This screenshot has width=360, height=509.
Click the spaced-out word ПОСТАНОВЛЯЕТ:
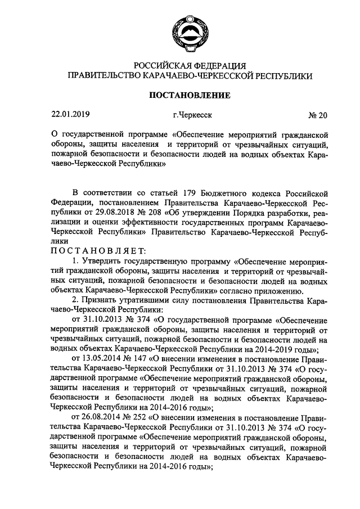pyautogui.click(x=99, y=249)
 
